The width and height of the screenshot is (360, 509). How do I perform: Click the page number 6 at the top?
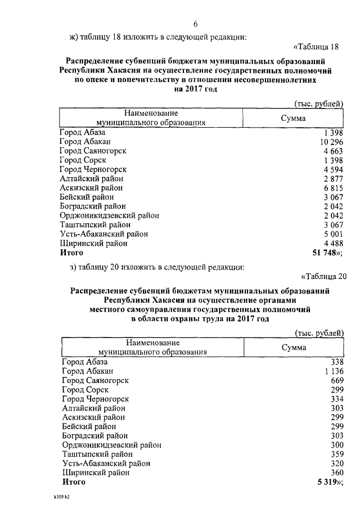tap(196, 24)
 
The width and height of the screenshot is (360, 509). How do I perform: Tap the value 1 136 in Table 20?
tap(335, 371)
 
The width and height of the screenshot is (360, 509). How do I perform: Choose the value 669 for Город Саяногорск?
tap(338, 380)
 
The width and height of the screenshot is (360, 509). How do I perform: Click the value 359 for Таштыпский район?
tap(338, 454)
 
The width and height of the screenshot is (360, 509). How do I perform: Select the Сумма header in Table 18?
tap(293, 118)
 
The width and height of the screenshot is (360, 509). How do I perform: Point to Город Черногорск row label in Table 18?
tap(93, 169)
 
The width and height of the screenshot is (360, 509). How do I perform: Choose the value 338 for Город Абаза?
tap(338, 362)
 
